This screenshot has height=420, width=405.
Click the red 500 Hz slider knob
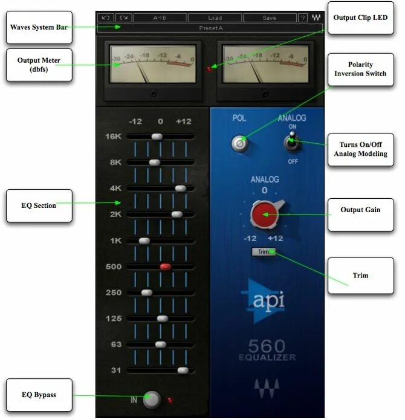coord(166,266)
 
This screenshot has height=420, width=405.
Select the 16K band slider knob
coord(157,137)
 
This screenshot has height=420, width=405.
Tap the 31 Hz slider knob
coord(183,370)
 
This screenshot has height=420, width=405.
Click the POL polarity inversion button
coord(240,144)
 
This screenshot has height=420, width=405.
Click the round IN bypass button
coord(152,399)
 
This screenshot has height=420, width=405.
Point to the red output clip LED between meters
coord(210,69)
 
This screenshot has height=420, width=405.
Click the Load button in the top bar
coord(215,18)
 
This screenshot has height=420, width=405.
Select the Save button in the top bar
coord(269,18)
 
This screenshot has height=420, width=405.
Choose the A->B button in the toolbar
coord(160,18)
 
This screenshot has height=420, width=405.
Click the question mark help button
coord(302,18)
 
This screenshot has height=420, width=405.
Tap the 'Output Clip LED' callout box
coord(360,18)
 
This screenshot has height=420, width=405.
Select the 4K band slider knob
coord(180,188)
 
